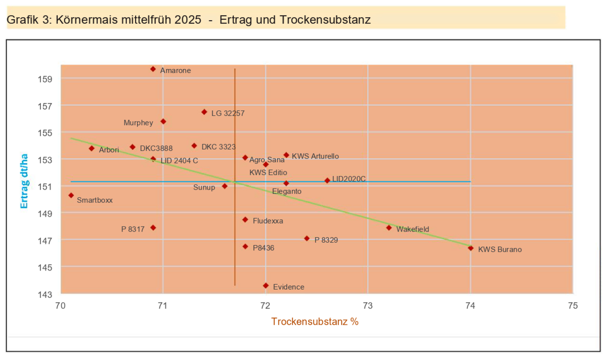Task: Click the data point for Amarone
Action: [153, 69]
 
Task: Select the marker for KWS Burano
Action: [470, 248]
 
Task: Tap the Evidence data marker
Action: [266, 286]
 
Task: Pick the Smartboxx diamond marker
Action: [71, 195]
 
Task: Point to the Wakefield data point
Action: [388, 228]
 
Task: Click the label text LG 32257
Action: [228, 113]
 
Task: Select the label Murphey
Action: [138, 122]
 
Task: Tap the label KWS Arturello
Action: [315, 156]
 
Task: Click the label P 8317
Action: [133, 229]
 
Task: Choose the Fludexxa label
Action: [268, 221]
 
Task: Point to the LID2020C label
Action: [349, 179]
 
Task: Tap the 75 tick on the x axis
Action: [573, 305]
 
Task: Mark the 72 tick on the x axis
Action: [266, 305]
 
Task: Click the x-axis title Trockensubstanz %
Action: [315, 322]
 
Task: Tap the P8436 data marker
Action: [245, 247]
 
